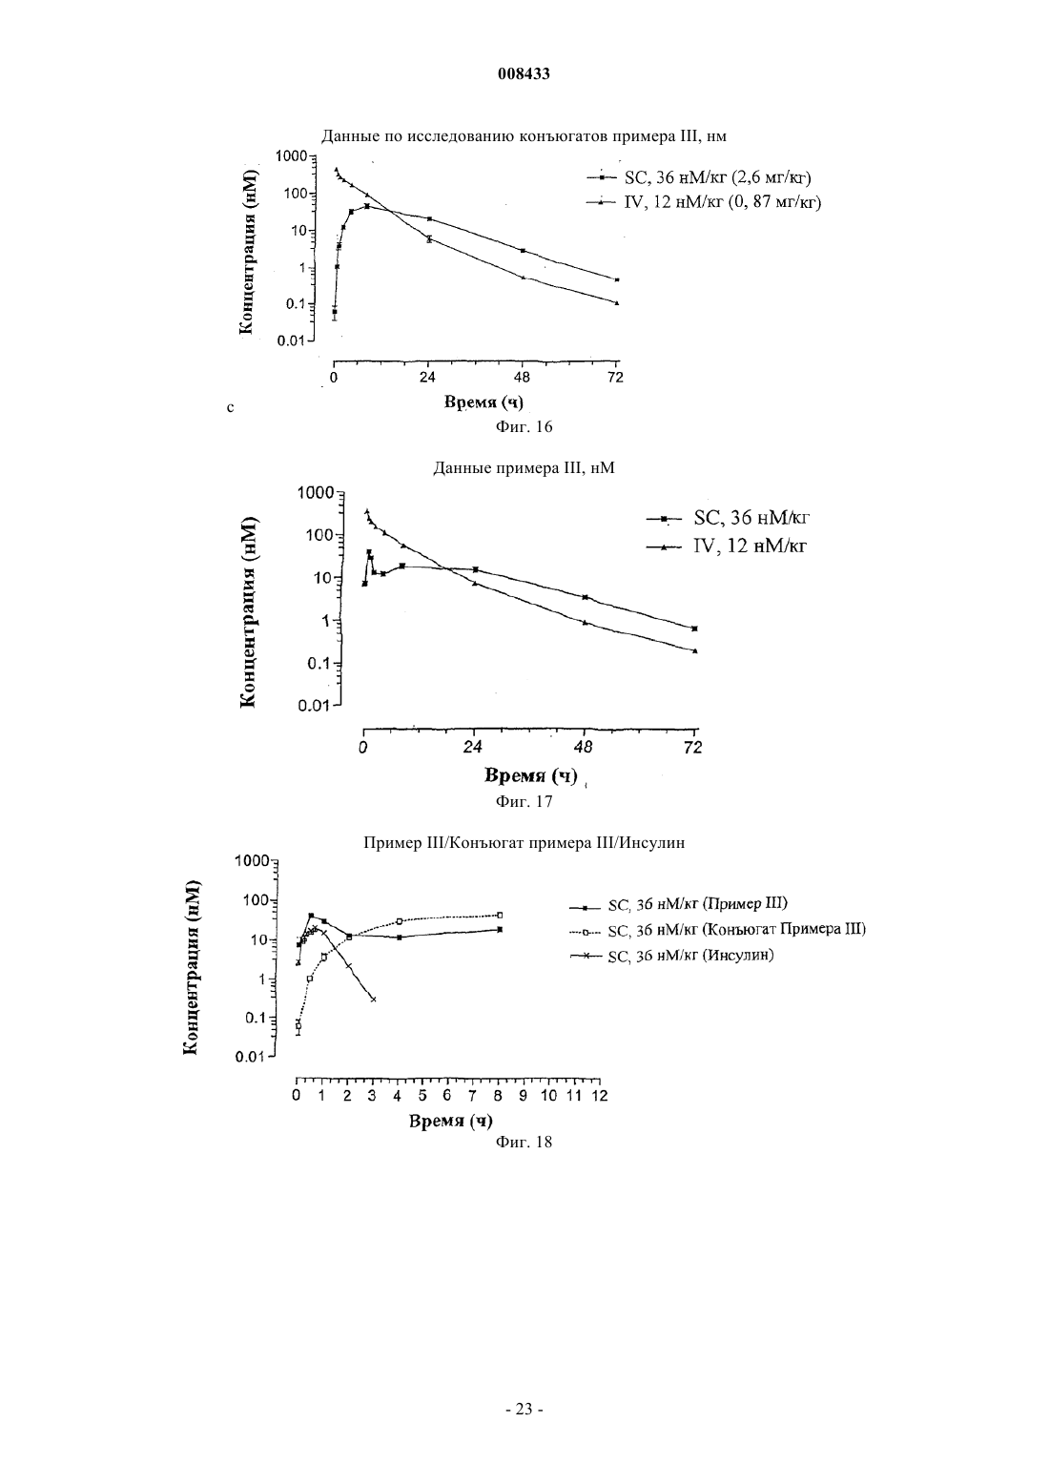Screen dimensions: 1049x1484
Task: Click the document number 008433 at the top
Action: click(524, 74)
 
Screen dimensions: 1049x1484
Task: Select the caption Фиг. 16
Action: click(524, 426)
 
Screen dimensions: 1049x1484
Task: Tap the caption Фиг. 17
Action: click(524, 802)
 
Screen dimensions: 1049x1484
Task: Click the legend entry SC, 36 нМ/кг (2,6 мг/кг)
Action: click(699, 177)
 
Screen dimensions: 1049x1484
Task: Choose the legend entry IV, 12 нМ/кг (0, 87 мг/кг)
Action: click(704, 202)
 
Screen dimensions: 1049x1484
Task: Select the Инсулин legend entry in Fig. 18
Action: click(671, 956)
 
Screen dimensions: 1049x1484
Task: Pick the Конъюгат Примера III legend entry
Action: click(718, 930)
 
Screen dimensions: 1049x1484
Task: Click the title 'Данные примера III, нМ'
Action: click(524, 468)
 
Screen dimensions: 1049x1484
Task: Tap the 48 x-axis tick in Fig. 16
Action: click(523, 379)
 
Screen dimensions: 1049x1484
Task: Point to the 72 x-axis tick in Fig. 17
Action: click(693, 748)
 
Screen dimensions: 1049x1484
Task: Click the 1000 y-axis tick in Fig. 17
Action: click(317, 493)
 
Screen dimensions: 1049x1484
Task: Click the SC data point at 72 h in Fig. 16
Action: click(617, 279)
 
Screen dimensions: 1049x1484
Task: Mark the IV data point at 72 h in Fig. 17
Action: click(694, 650)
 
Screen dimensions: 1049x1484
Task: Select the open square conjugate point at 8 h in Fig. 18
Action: click(500, 915)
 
